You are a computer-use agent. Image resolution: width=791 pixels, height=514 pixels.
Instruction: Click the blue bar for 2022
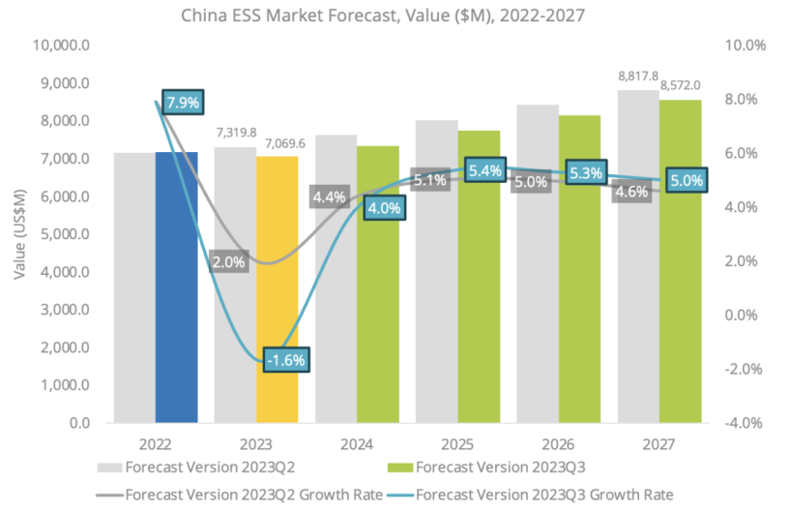click(x=176, y=290)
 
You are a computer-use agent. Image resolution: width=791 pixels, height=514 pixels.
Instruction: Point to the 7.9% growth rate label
click(x=184, y=102)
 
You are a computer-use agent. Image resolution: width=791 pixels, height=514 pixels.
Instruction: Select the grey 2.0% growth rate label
click(x=229, y=261)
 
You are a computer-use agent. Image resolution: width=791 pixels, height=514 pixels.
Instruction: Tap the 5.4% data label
click(x=484, y=171)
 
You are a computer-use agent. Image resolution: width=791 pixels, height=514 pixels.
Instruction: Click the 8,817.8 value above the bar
click(x=638, y=75)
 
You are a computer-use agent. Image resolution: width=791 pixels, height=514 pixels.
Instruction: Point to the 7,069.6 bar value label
click(x=285, y=143)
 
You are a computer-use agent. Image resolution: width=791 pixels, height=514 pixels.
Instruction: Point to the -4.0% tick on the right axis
click(x=744, y=423)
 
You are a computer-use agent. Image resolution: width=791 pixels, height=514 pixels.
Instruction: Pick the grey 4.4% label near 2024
click(x=330, y=197)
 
